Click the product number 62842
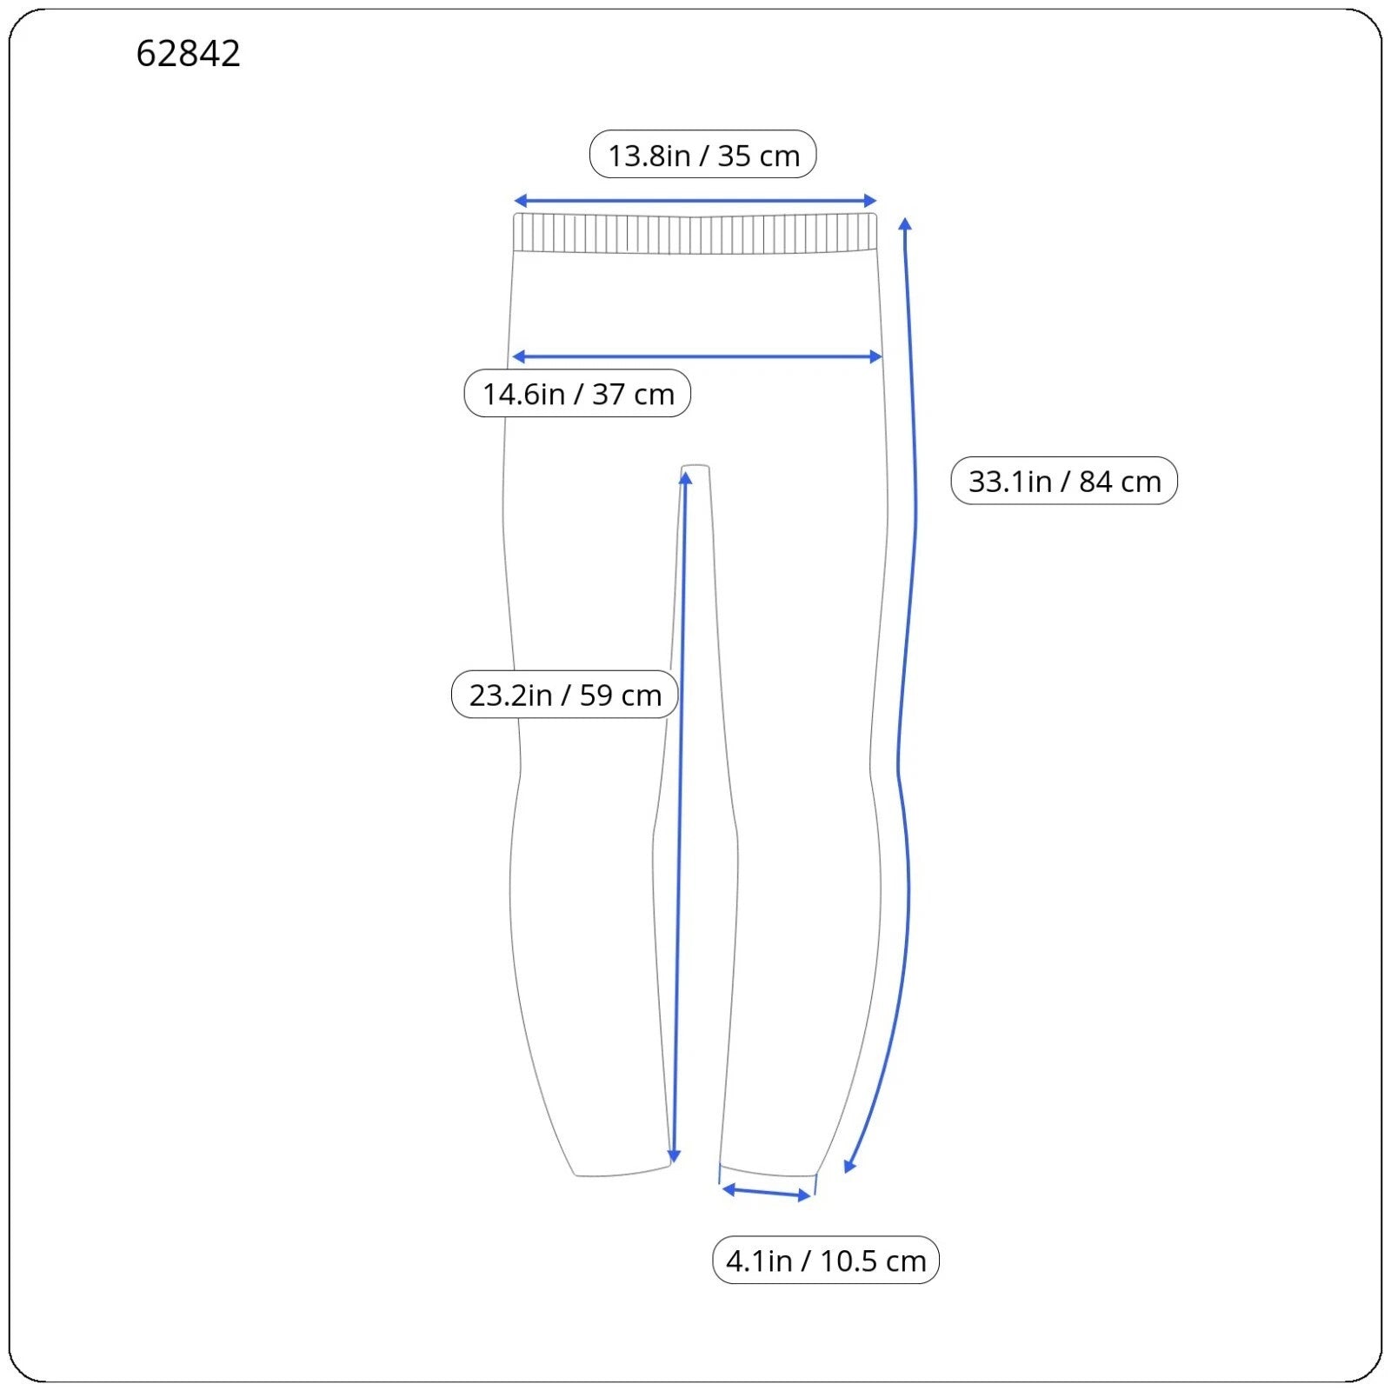[188, 54]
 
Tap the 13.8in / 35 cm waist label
[703, 155]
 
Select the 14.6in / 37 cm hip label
[577, 394]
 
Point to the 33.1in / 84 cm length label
[1064, 481]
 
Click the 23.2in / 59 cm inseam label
[565, 695]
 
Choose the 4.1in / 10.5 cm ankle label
[826, 1260]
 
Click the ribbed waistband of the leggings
[695, 232]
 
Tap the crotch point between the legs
[695, 469]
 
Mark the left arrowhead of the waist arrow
[519, 201]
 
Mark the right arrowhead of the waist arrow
[871, 201]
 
